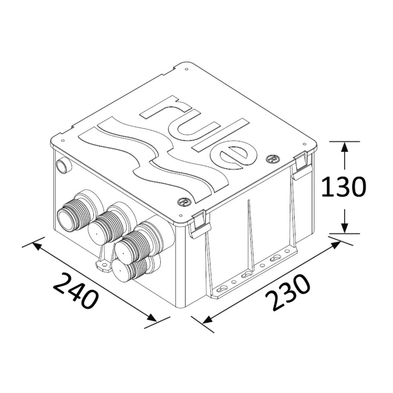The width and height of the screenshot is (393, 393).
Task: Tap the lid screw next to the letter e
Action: click(271, 159)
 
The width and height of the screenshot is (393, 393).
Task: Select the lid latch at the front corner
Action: click(198, 223)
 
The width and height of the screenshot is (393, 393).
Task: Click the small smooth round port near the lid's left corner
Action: click(63, 165)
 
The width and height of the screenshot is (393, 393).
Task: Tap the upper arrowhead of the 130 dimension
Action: click(345, 148)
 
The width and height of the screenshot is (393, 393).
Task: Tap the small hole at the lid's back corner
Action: click(187, 69)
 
